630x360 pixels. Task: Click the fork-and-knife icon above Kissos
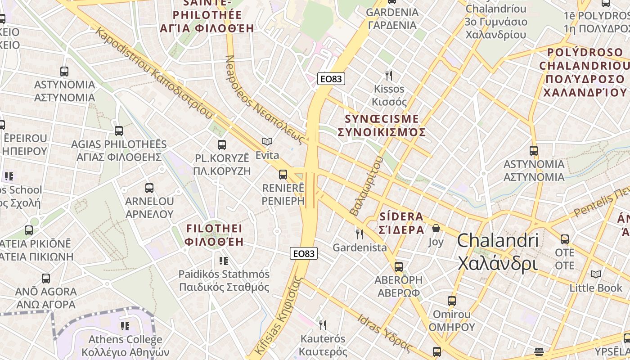(389, 75)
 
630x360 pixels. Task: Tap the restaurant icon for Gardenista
(359, 234)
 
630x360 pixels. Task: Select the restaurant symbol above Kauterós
(322, 325)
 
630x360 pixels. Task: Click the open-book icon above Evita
(267, 142)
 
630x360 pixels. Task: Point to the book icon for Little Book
(595, 274)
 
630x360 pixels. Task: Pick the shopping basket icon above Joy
(436, 229)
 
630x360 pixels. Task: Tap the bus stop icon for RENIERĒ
(283, 174)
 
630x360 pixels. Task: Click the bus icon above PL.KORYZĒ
(221, 144)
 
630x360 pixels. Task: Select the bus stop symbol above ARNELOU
(149, 188)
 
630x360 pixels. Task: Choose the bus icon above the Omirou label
(451, 301)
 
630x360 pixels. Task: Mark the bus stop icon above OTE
(564, 239)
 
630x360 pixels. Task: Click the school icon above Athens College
(125, 325)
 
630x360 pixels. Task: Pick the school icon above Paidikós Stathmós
(224, 261)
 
